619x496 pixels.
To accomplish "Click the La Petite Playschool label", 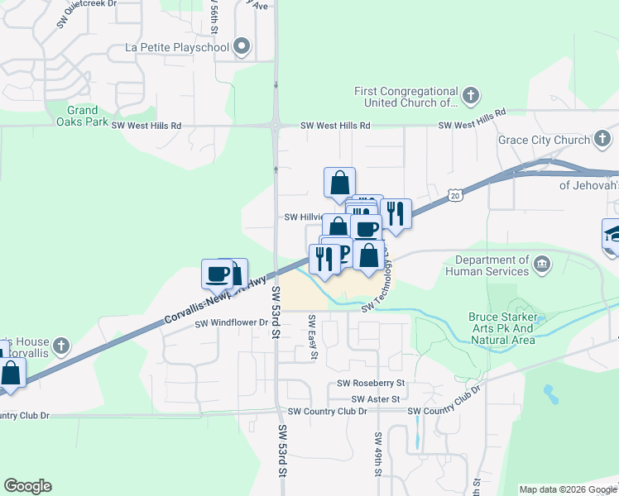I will [176, 46].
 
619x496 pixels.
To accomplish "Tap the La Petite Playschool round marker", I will [242, 46].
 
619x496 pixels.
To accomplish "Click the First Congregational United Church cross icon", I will [470, 93].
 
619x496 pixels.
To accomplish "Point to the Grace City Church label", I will [543, 140].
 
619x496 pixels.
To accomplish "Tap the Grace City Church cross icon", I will [604, 139].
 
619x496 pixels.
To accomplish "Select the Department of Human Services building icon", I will [542, 265].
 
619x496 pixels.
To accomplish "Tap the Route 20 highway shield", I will [454, 195].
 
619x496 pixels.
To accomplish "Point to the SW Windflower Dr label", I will [233, 322].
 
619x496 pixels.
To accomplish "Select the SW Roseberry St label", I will [371, 384].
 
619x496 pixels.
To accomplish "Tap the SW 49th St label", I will [378, 455].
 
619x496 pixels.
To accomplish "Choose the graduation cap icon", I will [612, 235].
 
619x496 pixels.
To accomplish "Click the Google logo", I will [27, 486].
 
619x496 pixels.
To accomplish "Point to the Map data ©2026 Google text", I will [567, 489].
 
